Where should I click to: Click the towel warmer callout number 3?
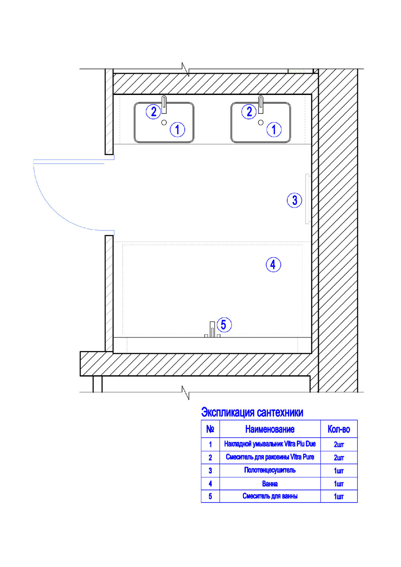[x=294, y=200]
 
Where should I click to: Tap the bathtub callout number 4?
[x=273, y=265]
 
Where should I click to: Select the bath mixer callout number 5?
[x=224, y=325]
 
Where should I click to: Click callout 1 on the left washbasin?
[x=177, y=129]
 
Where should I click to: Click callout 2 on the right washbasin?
[x=249, y=112]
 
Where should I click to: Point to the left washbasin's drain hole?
[x=164, y=123]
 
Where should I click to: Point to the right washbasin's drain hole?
[x=261, y=123]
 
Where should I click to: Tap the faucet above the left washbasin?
[x=164, y=105]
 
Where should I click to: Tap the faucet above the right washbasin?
[x=261, y=105]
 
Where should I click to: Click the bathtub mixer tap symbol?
[x=212, y=329]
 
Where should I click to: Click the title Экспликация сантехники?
[x=252, y=412]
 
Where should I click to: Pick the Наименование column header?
[x=270, y=429]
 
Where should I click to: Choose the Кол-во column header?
[x=339, y=429]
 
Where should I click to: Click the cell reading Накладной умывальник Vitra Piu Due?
[x=270, y=444]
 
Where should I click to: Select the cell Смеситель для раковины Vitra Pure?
[x=270, y=457]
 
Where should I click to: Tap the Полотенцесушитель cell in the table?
[x=270, y=470]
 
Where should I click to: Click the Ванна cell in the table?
[x=270, y=484]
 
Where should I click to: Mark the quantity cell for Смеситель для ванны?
[x=339, y=496]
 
